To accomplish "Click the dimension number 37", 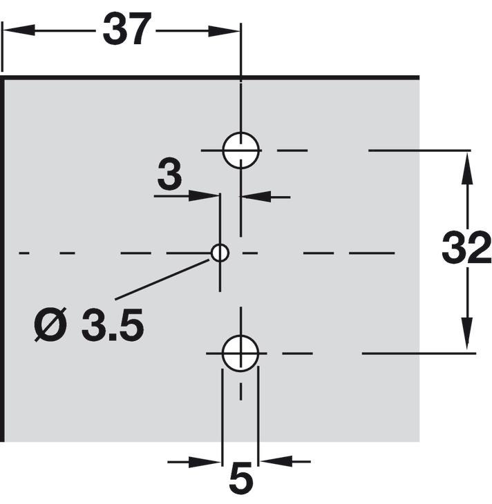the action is click(x=126, y=29).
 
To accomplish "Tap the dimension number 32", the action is click(x=466, y=247).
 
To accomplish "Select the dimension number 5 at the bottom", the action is click(x=241, y=479).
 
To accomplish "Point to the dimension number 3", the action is click(x=169, y=173).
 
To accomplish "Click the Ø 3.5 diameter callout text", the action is click(x=88, y=324).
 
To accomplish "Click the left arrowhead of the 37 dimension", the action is click(x=19, y=30).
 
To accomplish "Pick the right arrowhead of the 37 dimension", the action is click(x=225, y=31).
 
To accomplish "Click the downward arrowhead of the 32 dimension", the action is click(x=467, y=335).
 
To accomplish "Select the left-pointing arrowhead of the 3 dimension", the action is click(x=256, y=197).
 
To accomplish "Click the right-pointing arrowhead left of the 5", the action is click(x=205, y=462).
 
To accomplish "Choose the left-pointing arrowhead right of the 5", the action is click(x=276, y=461).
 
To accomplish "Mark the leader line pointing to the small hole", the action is click(x=162, y=280).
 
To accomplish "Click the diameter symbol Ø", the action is click(x=50, y=324).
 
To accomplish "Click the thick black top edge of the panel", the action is click(x=210, y=77).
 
